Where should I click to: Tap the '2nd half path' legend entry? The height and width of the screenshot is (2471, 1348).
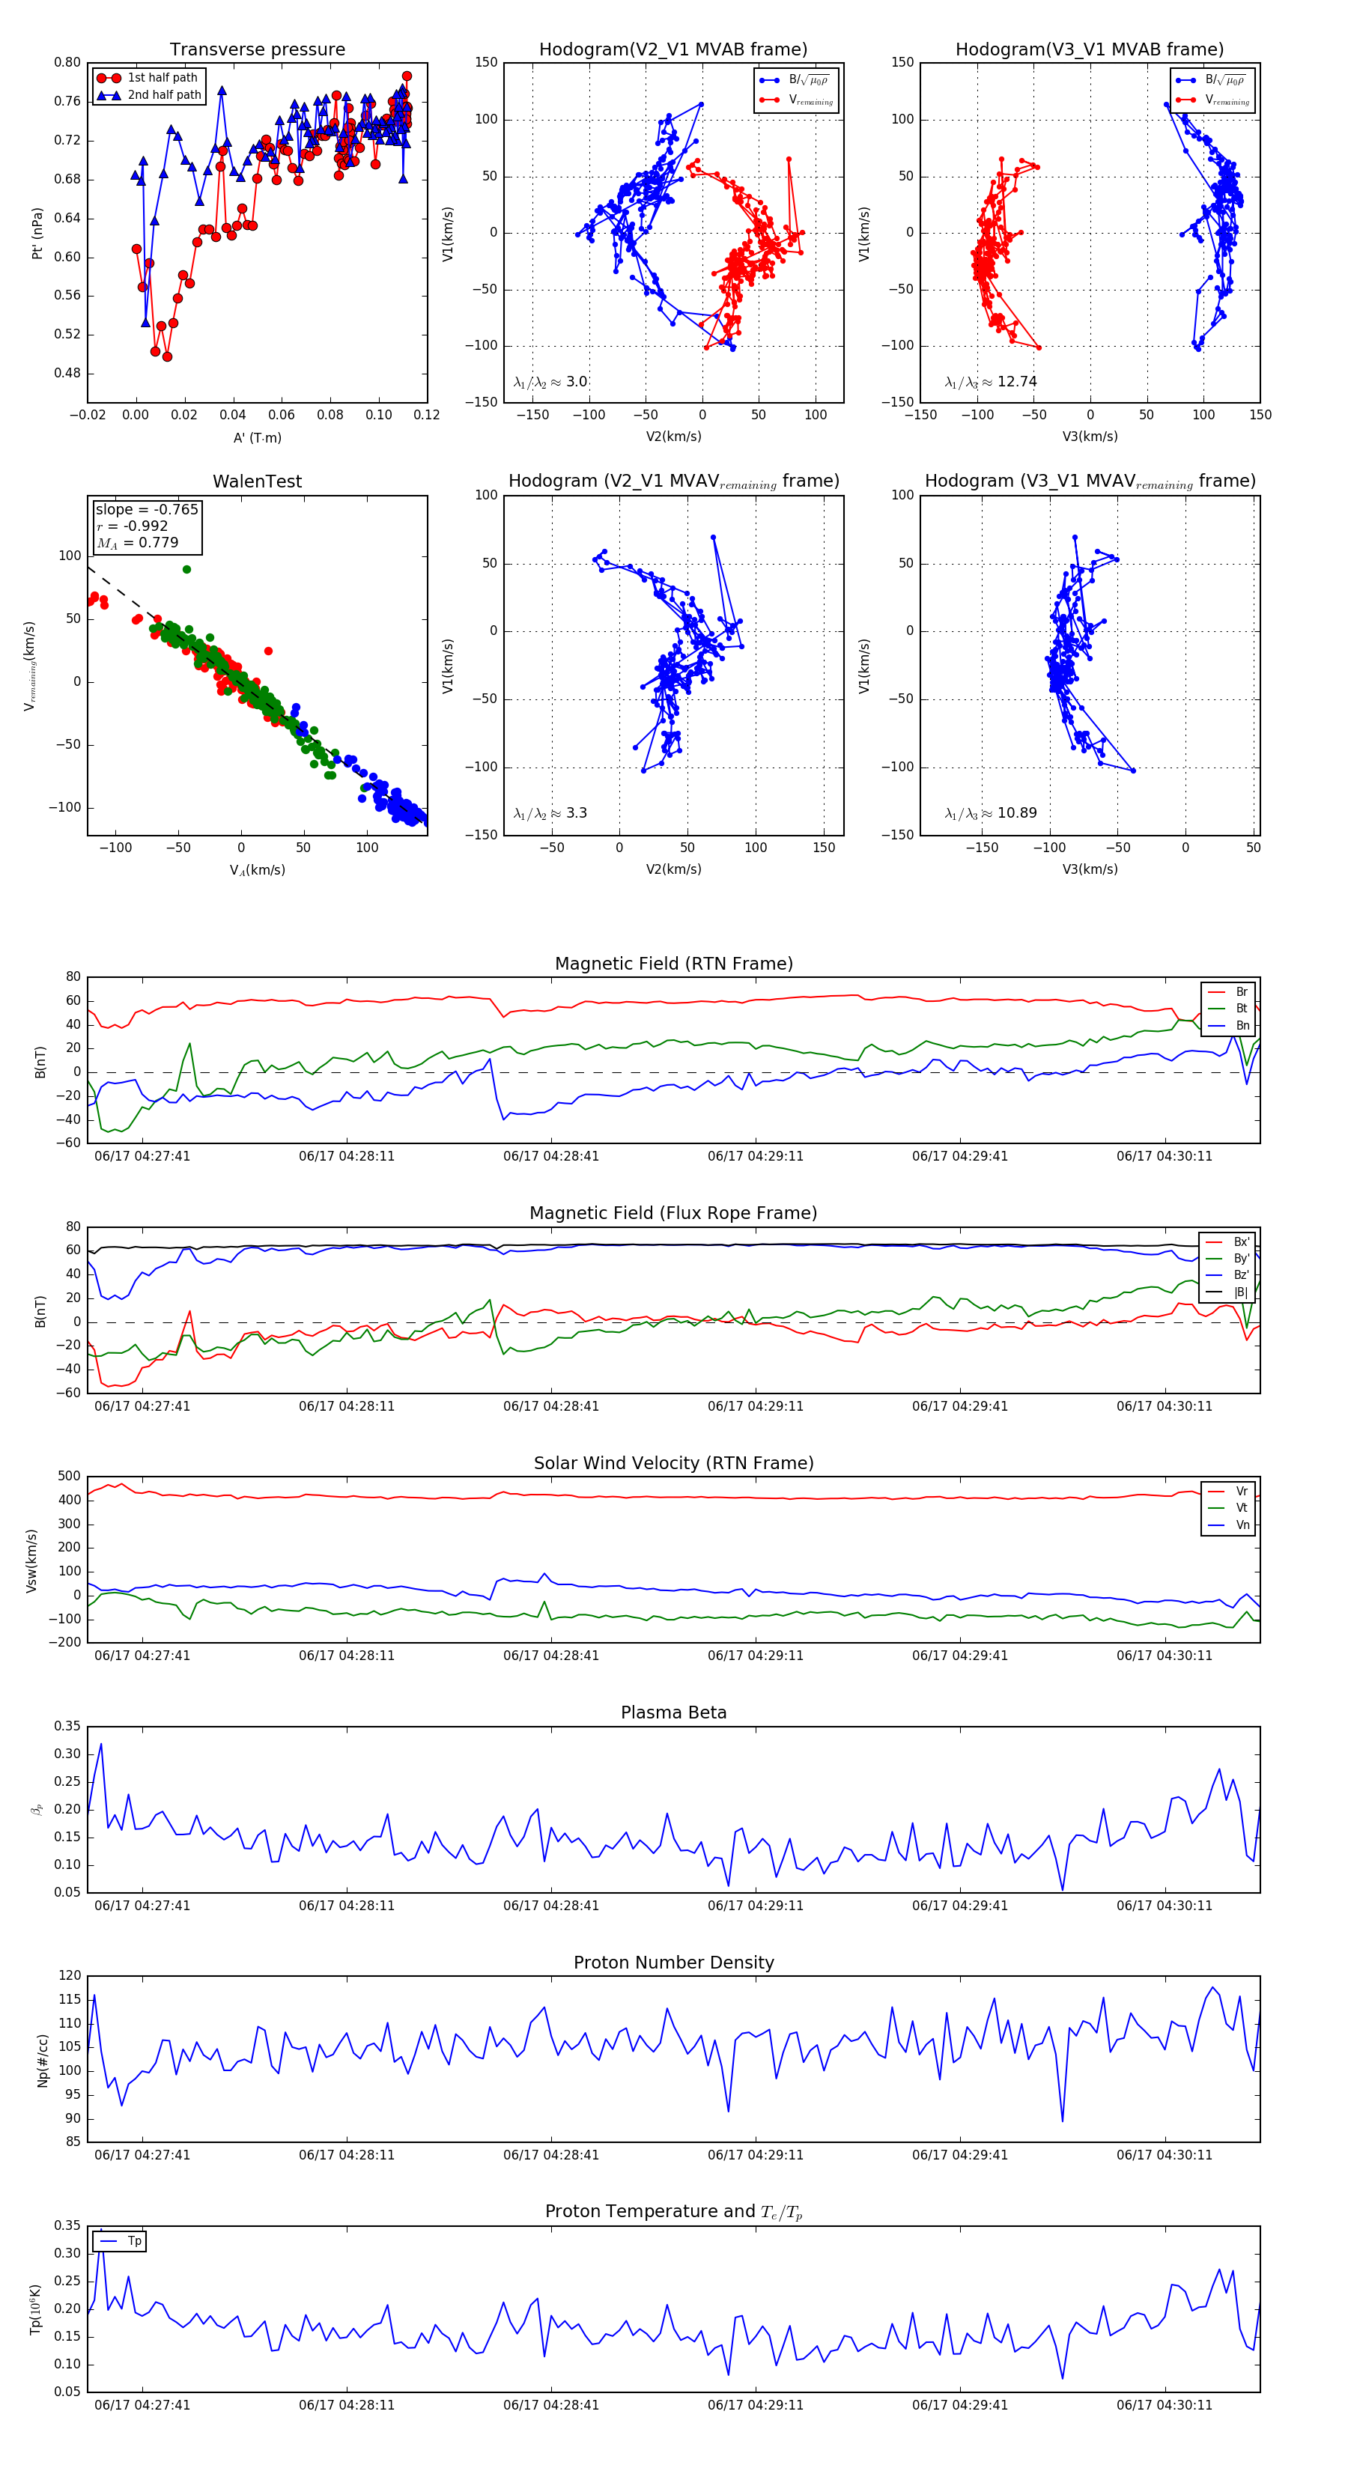pos(164,95)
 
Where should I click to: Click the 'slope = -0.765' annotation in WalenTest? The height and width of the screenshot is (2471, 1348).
pos(147,509)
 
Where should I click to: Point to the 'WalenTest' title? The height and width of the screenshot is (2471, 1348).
pos(257,481)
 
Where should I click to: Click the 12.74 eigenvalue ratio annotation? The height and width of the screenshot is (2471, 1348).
pos(991,382)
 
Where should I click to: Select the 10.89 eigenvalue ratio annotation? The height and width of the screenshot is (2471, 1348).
pos(991,813)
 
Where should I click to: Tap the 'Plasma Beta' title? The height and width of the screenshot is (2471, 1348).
pos(673,1712)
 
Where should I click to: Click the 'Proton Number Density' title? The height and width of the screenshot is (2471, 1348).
pos(673,1963)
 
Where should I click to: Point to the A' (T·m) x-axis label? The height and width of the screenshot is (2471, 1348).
pos(257,437)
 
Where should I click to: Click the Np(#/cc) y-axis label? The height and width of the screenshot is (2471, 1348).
pos(42,2061)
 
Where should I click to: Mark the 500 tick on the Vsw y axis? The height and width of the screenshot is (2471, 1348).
pos(69,1477)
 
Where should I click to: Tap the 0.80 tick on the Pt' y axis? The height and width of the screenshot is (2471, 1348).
pos(67,62)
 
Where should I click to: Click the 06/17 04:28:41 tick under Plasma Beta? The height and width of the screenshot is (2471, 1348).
pos(550,1906)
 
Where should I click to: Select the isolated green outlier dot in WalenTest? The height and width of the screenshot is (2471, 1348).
pos(186,570)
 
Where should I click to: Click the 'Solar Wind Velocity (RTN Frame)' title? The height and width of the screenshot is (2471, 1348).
pos(673,1463)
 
